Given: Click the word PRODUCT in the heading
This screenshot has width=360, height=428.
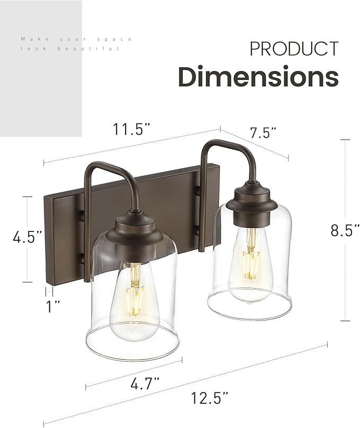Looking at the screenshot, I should pos(294,49).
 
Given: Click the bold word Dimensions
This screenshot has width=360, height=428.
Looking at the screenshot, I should pos(258,77).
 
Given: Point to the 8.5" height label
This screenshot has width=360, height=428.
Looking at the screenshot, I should pos(345,230).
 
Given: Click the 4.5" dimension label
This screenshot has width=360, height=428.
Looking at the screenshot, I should pos(28,236).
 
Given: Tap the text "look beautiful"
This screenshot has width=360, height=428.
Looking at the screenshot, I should pos(71,48).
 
